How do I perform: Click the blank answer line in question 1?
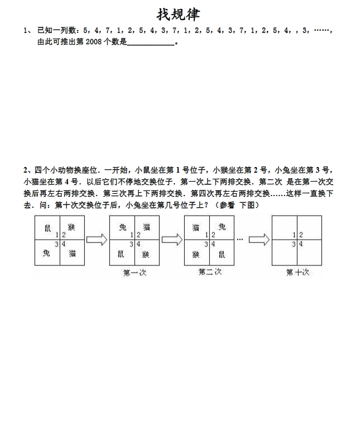(151, 42)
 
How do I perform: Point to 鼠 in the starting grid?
(47, 227)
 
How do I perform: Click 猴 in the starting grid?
(71, 227)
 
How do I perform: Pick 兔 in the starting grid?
(47, 253)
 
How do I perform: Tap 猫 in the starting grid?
(72, 253)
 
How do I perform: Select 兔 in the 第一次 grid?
(122, 227)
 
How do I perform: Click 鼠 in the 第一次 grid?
(122, 253)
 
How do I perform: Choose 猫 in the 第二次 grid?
(196, 227)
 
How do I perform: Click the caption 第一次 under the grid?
(135, 273)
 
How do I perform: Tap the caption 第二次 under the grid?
(210, 272)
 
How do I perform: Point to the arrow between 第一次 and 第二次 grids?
(172, 240)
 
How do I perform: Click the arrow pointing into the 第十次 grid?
(259, 240)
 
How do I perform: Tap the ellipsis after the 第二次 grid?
(240, 239)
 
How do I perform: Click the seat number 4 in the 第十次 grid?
(301, 244)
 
